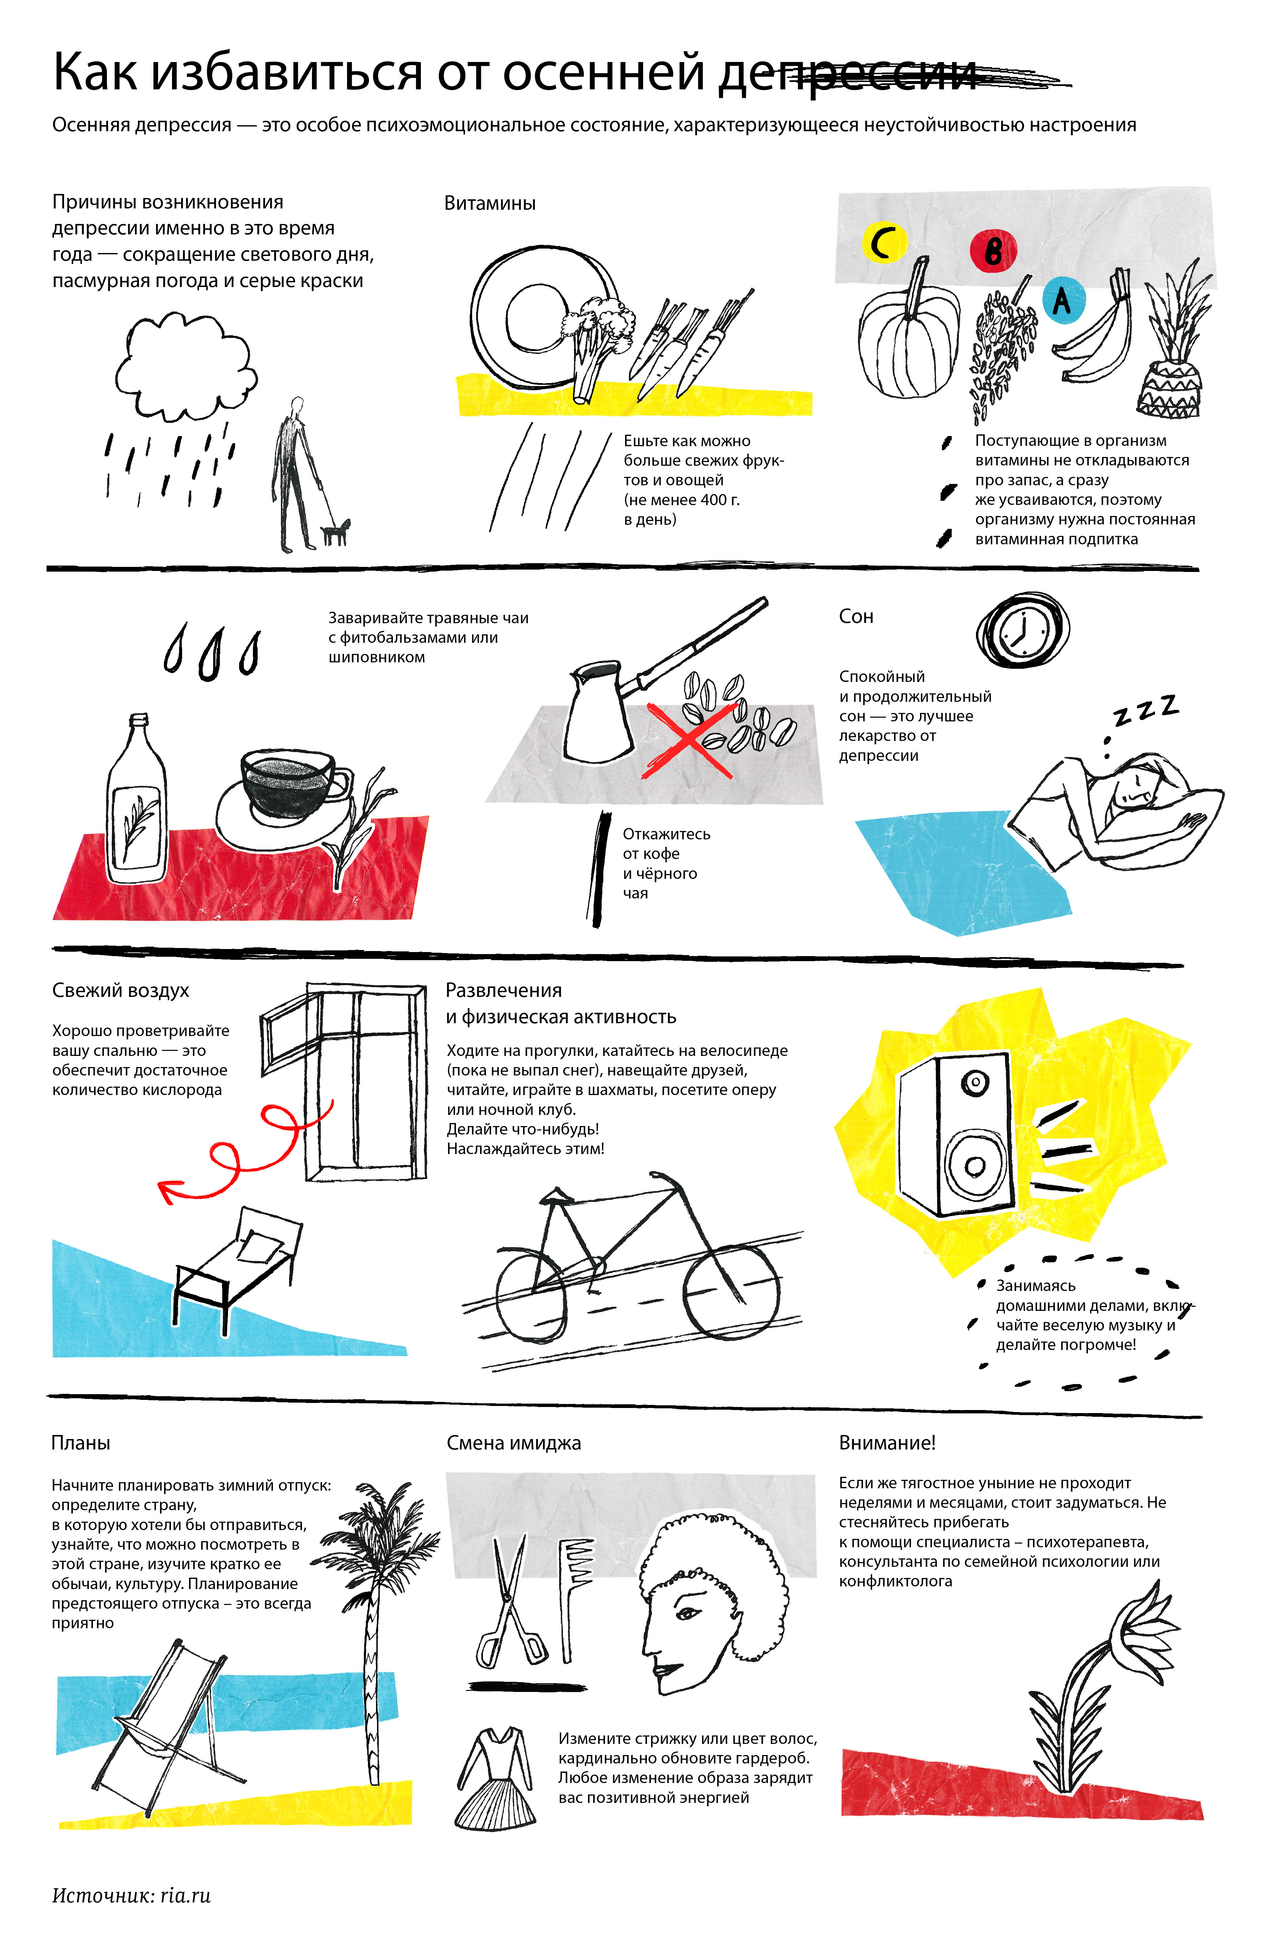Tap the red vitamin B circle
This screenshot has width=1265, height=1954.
pos(993,251)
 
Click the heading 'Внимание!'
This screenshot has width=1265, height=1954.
pos(887,1442)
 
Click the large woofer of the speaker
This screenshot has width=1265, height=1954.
pos(975,1165)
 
